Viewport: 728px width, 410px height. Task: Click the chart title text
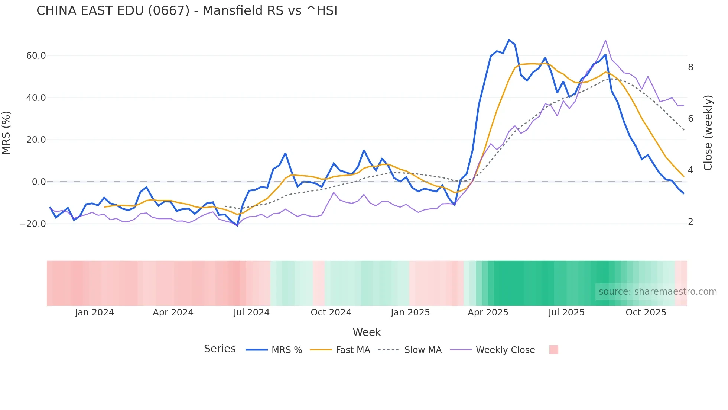pos(187,11)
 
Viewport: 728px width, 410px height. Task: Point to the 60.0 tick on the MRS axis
pos(36,56)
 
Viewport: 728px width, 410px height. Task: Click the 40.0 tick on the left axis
pos(36,98)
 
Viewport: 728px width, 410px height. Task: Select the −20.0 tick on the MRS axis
pos(33,224)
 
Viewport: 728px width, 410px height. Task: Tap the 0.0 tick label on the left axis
pos(39,182)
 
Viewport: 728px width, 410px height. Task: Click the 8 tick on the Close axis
pos(690,67)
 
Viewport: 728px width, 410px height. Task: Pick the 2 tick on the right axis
pos(690,222)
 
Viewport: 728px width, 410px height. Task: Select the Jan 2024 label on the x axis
pos(94,313)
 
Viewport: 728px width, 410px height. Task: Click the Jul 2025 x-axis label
pos(566,313)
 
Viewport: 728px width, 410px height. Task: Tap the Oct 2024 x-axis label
pos(331,313)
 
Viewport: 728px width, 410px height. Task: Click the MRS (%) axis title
pos(6,133)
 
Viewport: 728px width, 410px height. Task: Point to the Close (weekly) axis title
pos(708,133)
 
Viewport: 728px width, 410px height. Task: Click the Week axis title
pos(367,332)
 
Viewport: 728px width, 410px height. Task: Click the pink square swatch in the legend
pos(553,350)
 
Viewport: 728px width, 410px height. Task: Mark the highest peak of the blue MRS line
pos(509,40)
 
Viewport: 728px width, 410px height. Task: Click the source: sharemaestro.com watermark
pos(657,292)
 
